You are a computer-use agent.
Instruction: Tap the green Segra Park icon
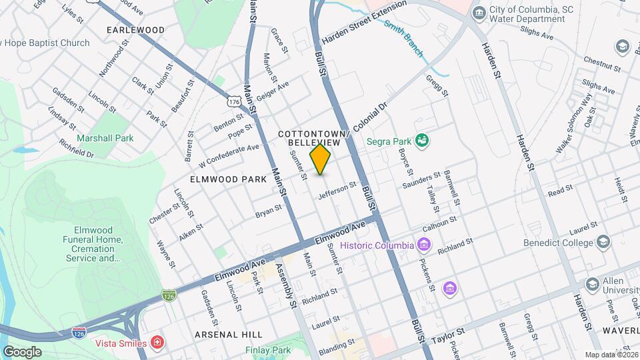[x=421, y=140]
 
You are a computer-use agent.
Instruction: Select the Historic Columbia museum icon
[x=423, y=245]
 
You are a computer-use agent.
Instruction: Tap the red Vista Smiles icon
[x=157, y=343]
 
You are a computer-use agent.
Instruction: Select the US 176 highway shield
[x=233, y=101]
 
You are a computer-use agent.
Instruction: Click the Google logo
[x=21, y=351]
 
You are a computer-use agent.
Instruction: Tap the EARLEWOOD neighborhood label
[x=135, y=30]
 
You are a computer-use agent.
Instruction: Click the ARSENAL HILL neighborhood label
[x=229, y=334]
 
